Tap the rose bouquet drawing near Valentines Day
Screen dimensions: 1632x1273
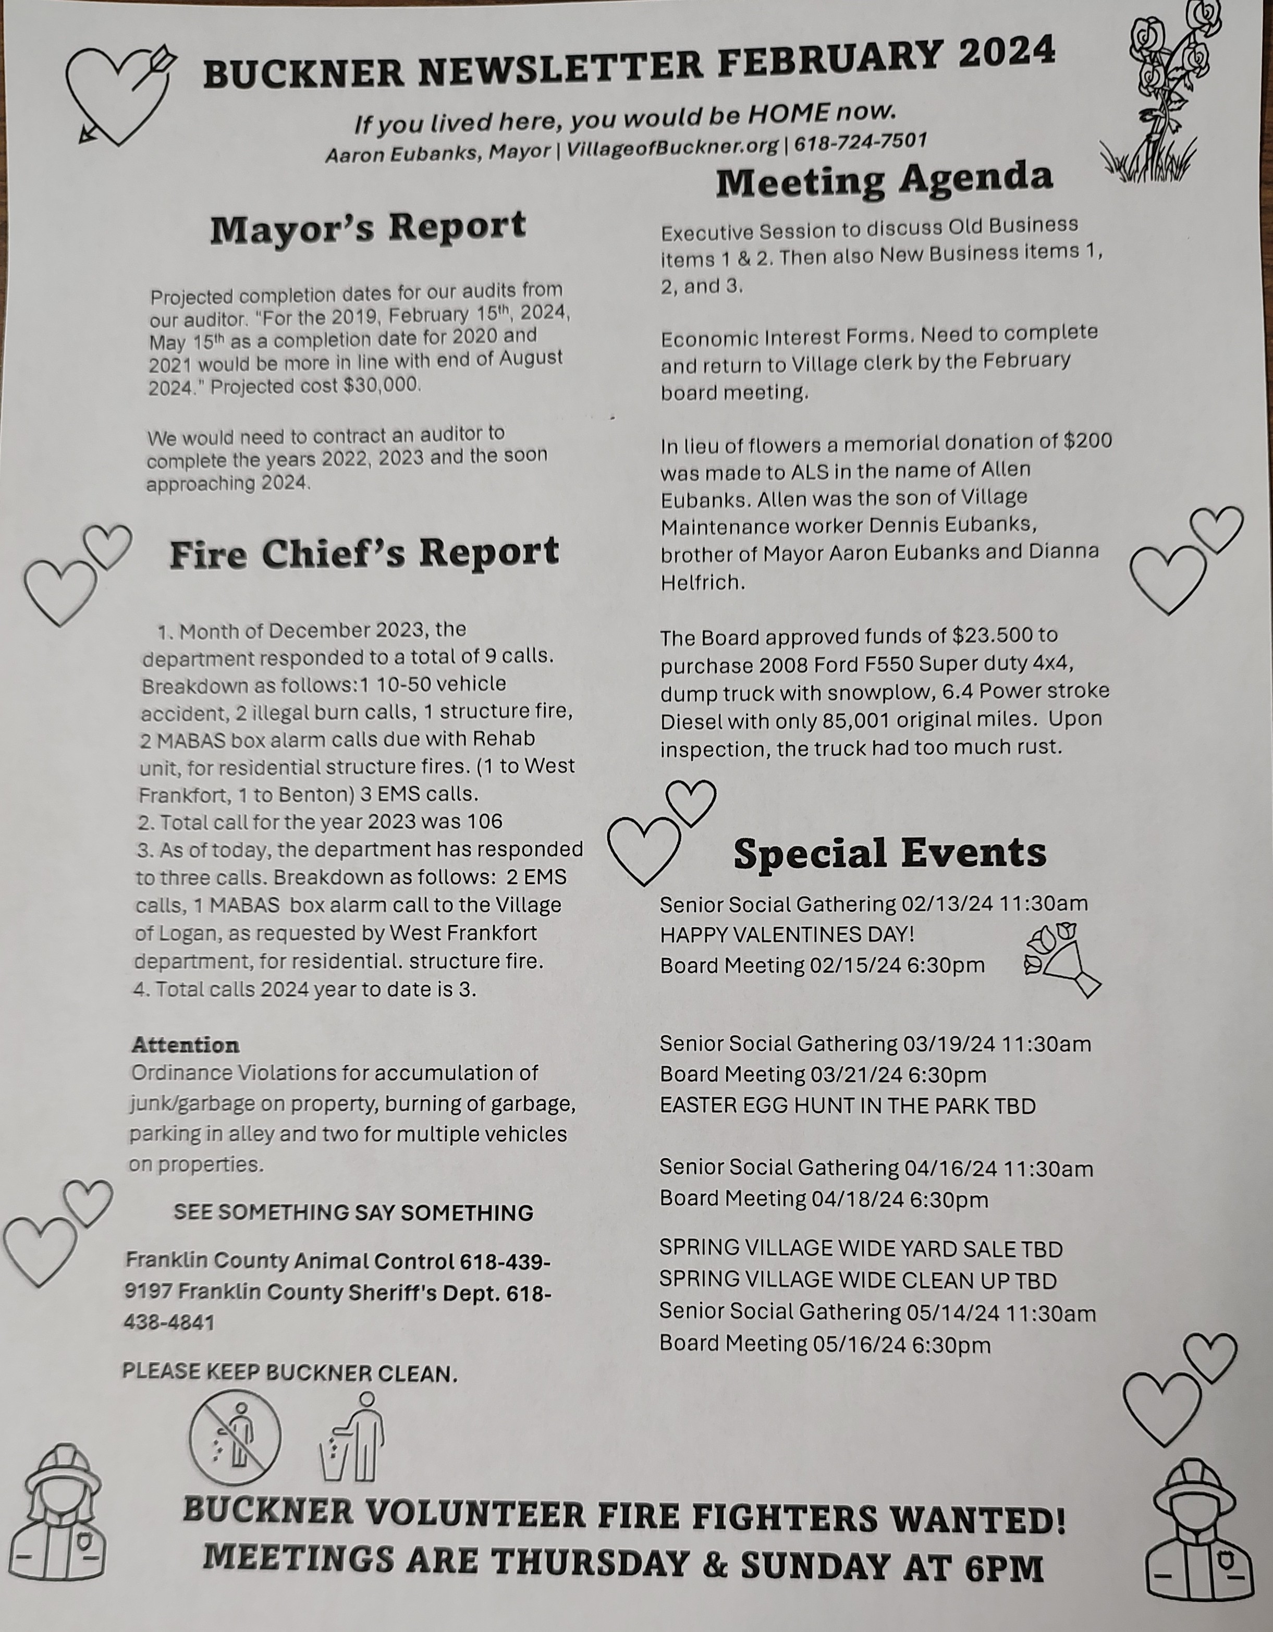(1061, 960)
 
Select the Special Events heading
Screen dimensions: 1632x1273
(889, 853)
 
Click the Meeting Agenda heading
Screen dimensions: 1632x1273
(884, 180)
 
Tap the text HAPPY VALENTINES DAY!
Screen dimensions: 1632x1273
(787, 934)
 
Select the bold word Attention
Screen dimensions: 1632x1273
(186, 1044)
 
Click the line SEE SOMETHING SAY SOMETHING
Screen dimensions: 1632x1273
(353, 1212)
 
